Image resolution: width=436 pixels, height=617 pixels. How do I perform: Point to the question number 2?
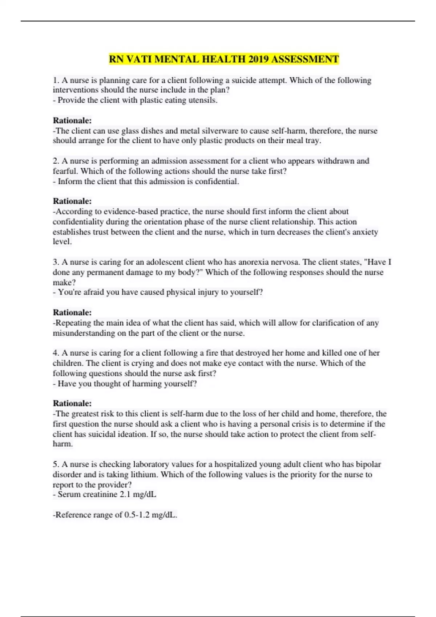tap(56, 161)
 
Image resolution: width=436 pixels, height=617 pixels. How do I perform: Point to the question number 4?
tap(56, 353)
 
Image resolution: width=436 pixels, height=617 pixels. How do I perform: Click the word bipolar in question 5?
tap(368, 464)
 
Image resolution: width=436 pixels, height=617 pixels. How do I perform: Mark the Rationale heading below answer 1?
tap(72, 120)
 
